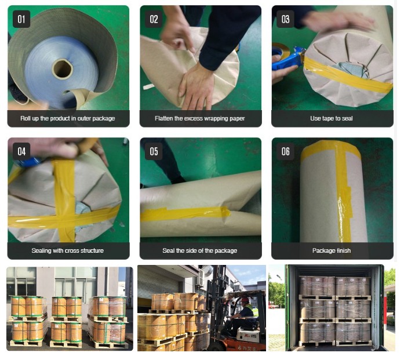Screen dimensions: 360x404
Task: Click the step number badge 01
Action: (x=21, y=20)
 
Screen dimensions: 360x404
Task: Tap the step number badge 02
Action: (x=154, y=20)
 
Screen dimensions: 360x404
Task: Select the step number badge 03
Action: (x=285, y=20)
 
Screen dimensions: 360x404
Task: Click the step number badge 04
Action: (x=21, y=152)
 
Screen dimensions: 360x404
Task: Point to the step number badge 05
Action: (x=154, y=152)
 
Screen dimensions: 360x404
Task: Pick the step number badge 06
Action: (x=285, y=152)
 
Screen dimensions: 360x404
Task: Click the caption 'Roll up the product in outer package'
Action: (x=68, y=118)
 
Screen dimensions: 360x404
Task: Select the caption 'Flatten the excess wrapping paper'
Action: (x=200, y=118)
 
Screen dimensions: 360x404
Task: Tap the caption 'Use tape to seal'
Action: (x=332, y=118)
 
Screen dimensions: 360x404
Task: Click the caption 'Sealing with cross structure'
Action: (x=68, y=250)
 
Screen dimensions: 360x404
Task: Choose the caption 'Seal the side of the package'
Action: (x=200, y=250)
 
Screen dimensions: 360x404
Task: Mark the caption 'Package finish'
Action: (x=332, y=250)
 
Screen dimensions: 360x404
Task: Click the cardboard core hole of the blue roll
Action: (x=62, y=69)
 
